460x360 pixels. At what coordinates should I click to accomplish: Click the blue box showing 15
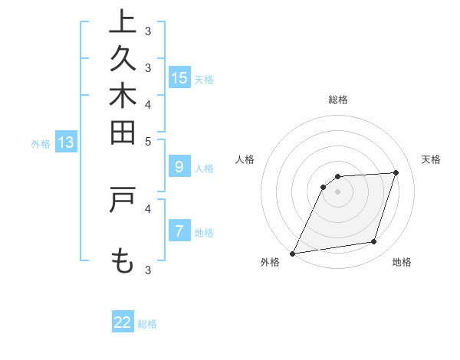[x=179, y=77]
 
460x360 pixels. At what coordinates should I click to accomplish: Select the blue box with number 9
[x=179, y=167]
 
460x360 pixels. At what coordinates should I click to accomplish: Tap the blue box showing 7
[x=179, y=231]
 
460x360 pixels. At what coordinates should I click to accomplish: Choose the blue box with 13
[x=66, y=142]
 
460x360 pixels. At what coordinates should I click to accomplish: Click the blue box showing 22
[x=123, y=322]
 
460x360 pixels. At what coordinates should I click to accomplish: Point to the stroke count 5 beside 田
[x=148, y=141]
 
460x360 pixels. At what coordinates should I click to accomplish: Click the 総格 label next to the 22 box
[x=148, y=324]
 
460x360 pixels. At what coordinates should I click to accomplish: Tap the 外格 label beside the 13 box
[x=41, y=143]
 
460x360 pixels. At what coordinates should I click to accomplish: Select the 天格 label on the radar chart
[x=431, y=159]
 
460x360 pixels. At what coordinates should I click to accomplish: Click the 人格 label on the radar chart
[x=245, y=159]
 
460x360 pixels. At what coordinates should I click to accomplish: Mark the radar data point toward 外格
[x=292, y=253]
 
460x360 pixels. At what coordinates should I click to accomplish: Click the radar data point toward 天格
[x=396, y=172]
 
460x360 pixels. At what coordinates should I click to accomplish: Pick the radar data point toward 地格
[x=374, y=242]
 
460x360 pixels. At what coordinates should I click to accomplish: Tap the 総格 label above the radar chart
[x=338, y=100]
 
